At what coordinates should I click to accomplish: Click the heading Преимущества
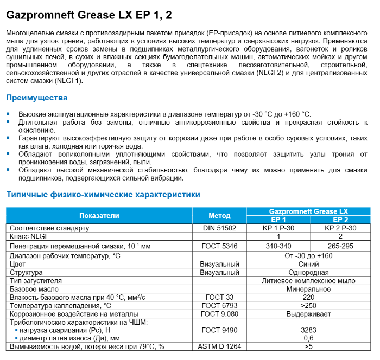(36, 98)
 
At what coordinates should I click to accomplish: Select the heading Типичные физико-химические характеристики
(103, 195)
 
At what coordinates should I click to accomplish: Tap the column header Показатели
(99, 215)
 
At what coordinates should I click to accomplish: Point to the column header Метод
(219, 215)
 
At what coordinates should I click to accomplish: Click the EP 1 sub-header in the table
(278, 220)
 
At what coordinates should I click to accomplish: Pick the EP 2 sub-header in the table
(340, 220)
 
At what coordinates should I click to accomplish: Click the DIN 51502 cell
(219, 228)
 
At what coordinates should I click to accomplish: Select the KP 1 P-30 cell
(278, 228)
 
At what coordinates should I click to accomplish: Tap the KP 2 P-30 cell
(340, 228)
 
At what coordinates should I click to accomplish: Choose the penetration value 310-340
(278, 246)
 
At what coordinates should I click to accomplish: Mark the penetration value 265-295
(340, 246)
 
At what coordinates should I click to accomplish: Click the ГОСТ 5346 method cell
(219, 246)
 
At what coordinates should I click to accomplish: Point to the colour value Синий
(309, 263)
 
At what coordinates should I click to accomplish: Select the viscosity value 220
(309, 298)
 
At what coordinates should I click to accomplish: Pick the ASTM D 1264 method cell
(219, 346)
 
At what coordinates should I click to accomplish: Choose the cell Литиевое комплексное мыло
(309, 281)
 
